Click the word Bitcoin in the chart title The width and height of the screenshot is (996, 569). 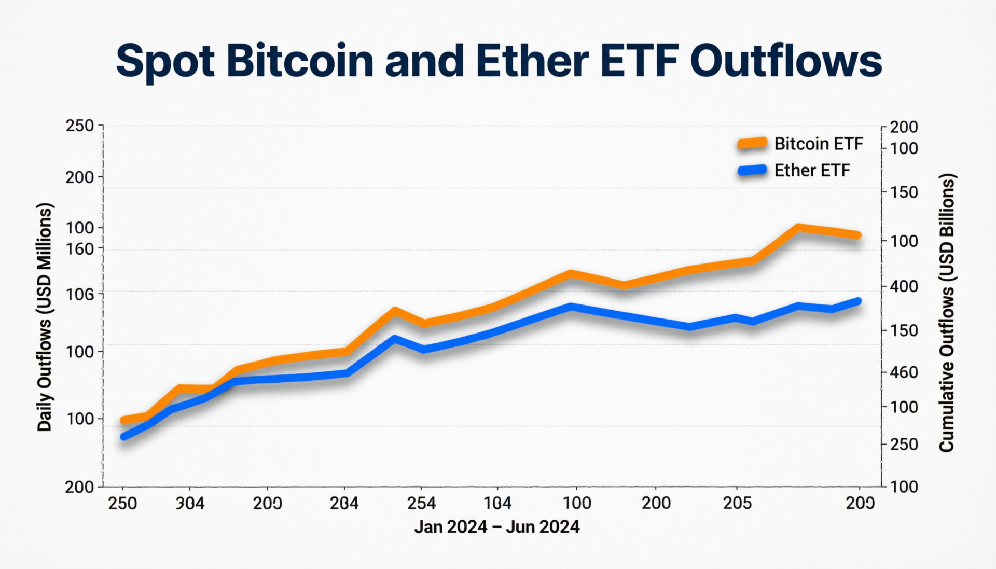tap(300, 61)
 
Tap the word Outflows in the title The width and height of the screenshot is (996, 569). tap(786, 61)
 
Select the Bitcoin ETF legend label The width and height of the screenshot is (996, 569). tap(819, 144)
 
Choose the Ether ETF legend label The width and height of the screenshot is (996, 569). tap(812, 171)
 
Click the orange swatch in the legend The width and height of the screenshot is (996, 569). tap(752, 143)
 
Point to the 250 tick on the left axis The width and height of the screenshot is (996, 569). tap(80, 126)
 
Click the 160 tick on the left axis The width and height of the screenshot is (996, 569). tap(80, 249)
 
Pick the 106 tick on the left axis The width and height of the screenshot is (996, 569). tap(80, 295)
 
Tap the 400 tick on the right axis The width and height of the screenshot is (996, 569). tap(904, 286)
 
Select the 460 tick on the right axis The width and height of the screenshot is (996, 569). tap(904, 372)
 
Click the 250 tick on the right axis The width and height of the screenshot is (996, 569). tap(904, 445)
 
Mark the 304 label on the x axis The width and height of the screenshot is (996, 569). tap(190, 503)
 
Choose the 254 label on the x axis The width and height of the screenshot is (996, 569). tap(421, 503)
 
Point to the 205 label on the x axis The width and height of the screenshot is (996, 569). tap(737, 503)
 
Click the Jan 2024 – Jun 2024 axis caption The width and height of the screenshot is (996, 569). tap(496, 527)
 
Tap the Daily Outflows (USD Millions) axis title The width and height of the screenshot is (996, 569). tap(45, 317)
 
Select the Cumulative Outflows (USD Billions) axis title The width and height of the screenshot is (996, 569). tap(947, 313)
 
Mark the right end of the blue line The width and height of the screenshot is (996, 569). tap(858, 301)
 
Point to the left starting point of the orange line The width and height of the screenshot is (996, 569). tap(124, 420)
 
